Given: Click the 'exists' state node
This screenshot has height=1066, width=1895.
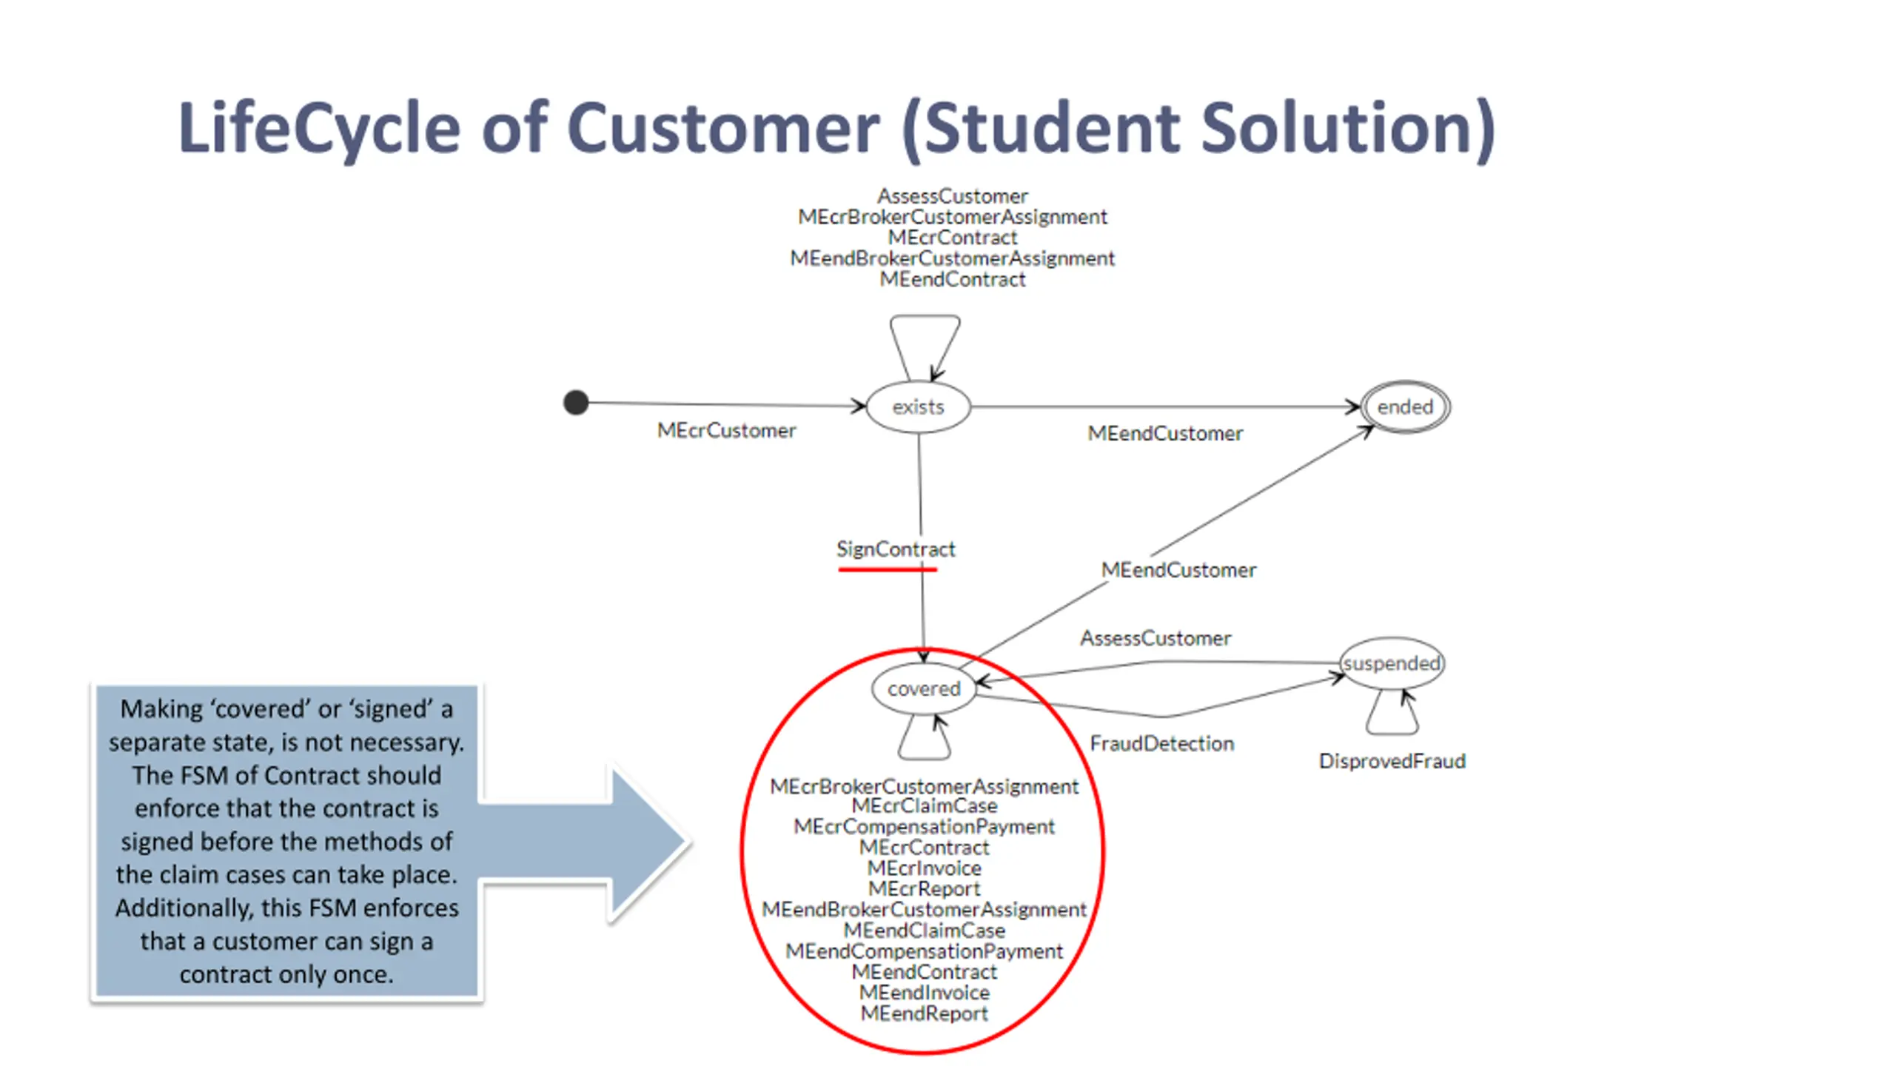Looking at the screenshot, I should [918, 406].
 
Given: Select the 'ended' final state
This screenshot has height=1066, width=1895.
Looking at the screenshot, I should [1405, 406].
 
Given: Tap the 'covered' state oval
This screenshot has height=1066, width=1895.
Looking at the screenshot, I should [924, 688].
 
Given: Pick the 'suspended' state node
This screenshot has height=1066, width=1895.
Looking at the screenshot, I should [1392, 663].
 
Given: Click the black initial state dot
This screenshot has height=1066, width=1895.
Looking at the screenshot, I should [576, 403].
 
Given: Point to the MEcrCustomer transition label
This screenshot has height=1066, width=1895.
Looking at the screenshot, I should [726, 430].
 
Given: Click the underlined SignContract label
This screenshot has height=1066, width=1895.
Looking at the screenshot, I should [896, 549].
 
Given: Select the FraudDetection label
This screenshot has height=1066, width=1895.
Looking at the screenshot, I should [1161, 743].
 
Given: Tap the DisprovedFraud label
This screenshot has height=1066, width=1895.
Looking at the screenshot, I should [1392, 761].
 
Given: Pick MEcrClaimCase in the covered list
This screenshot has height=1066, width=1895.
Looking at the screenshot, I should [924, 805].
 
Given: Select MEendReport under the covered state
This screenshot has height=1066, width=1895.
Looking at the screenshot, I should [924, 1013].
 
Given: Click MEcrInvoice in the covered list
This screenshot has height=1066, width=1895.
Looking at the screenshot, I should [924, 868].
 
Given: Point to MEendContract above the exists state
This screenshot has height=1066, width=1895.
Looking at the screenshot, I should [952, 279].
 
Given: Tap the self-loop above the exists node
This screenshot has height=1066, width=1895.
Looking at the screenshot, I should [925, 333].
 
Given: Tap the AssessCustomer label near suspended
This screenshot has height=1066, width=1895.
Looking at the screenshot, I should [1155, 638].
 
